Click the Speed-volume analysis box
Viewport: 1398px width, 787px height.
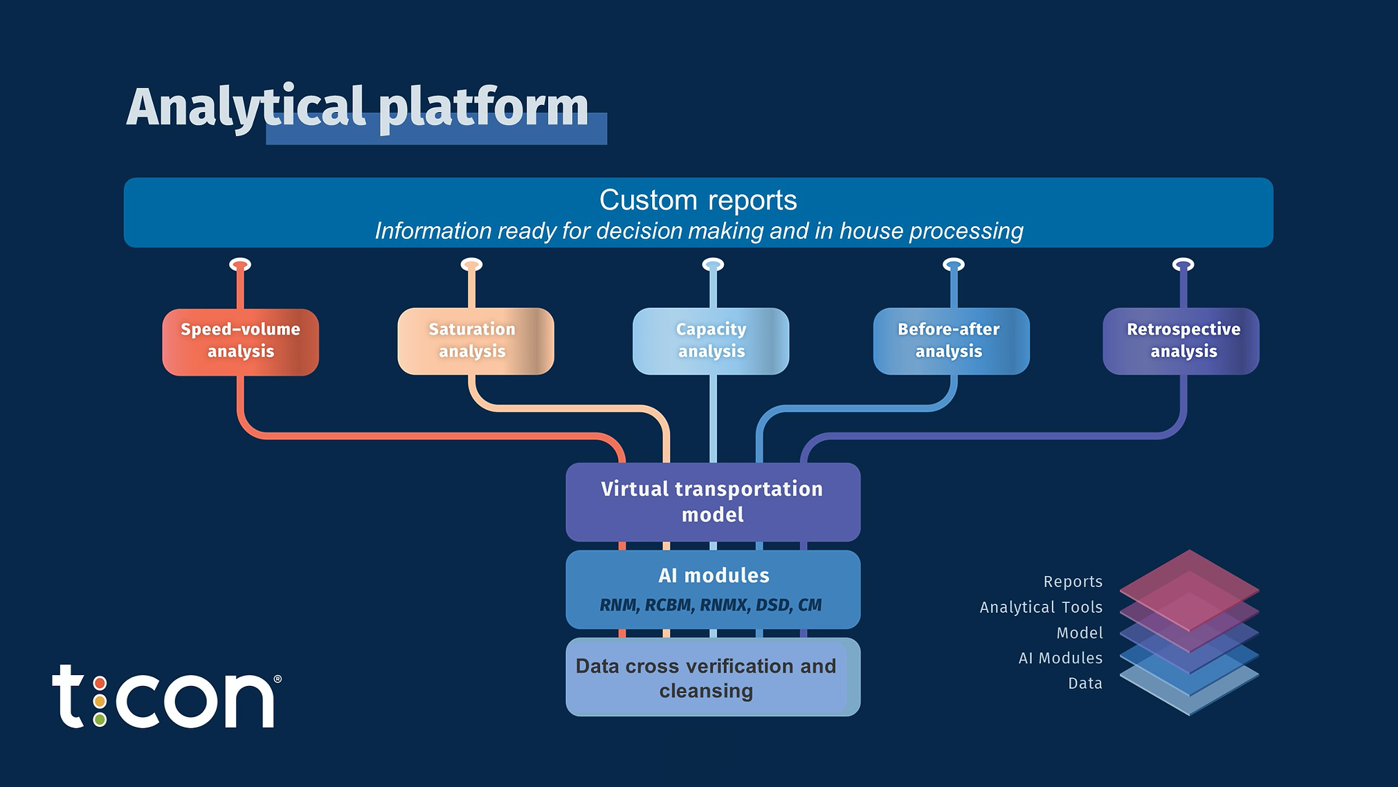click(x=240, y=342)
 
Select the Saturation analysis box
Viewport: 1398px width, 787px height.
click(x=475, y=341)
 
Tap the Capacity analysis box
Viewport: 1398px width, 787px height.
click(x=711, y=341)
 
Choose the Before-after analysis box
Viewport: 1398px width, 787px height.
click(x=951, y=341)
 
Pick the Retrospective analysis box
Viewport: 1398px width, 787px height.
click(x=1181, y=341)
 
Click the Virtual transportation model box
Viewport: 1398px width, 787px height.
click(x=713, y=501)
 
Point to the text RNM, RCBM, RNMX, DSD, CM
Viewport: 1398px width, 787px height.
click(x=711, y=605)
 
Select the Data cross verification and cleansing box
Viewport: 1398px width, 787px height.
click(x=713, y=677)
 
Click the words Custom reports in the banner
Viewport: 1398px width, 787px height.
click(x=698, y=200)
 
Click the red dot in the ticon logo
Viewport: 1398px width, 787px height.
click(x=100, y=684)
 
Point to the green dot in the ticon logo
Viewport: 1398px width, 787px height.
click(x=100, y=719)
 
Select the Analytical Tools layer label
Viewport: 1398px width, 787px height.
click(x=1041, y=607)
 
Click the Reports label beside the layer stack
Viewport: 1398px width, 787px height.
click(x=1073, y=582)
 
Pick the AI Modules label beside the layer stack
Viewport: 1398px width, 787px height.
click(x=1060, y=658)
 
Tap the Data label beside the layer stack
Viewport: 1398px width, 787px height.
click(x=1084, y=683)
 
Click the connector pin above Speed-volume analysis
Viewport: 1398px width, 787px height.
click(x=240, y=265)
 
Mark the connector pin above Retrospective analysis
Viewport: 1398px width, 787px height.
click(x=1183, y=265)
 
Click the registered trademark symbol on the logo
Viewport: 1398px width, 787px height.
click(x=278, y=679)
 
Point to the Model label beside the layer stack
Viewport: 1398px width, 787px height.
click(x=1080, y=633)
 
